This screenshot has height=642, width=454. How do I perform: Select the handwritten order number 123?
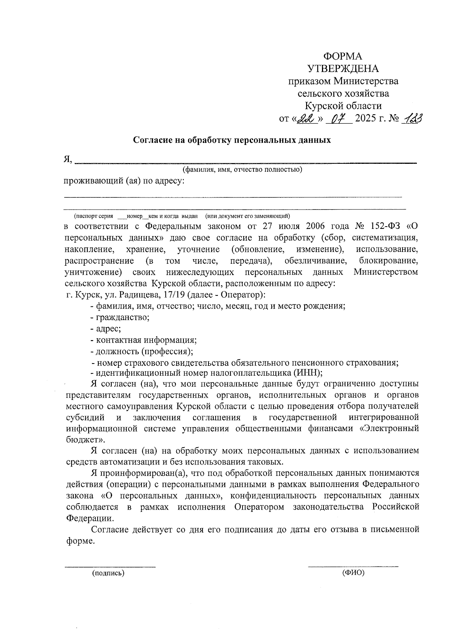(x=412, y=119)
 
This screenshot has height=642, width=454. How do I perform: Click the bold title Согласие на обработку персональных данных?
(x=232, y=140)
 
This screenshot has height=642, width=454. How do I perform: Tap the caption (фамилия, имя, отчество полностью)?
(x=242, y=169)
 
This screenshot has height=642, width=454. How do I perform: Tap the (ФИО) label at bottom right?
(x=353, y=573)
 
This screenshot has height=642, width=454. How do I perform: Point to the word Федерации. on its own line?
(x=89, y=518)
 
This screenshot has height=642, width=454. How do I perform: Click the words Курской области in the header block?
(x=344, y=106)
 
